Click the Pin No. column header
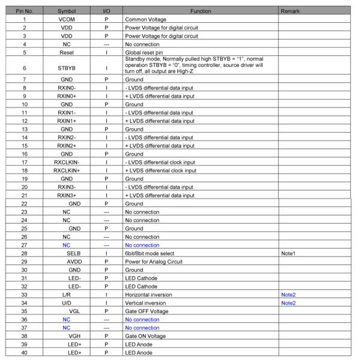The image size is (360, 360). pos(25,11)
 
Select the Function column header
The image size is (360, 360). pos(200,11)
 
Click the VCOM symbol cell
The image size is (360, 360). pos(67,19)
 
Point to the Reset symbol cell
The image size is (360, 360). pos(67,52)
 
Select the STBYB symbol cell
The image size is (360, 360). pos(67,68)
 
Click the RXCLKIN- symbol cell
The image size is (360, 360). pos(67,162)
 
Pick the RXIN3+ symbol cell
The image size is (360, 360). pos(67,195)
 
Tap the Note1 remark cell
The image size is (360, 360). pos(289,253)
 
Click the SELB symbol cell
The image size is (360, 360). pos(73,253)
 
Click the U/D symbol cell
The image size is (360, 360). pos(67,303)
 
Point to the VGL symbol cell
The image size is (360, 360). pos(74,311)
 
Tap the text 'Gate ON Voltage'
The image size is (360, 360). pos(145,336)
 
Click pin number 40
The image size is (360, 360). pos(25,353)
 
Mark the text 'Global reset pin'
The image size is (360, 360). pos(144,52)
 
